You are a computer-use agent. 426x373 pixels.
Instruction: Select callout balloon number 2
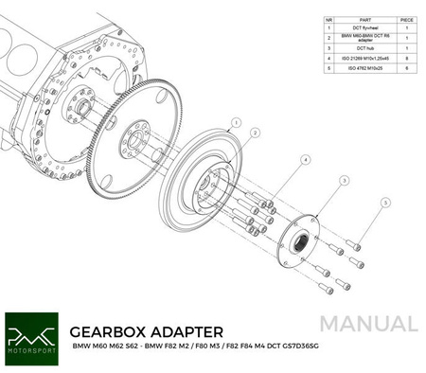[x=254, y=134]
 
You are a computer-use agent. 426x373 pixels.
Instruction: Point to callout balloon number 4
[x=306, y=160]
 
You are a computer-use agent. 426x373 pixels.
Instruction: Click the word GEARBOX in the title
[x=114, y=332]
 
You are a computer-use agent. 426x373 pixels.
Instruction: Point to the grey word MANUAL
[x=369, y=324]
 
